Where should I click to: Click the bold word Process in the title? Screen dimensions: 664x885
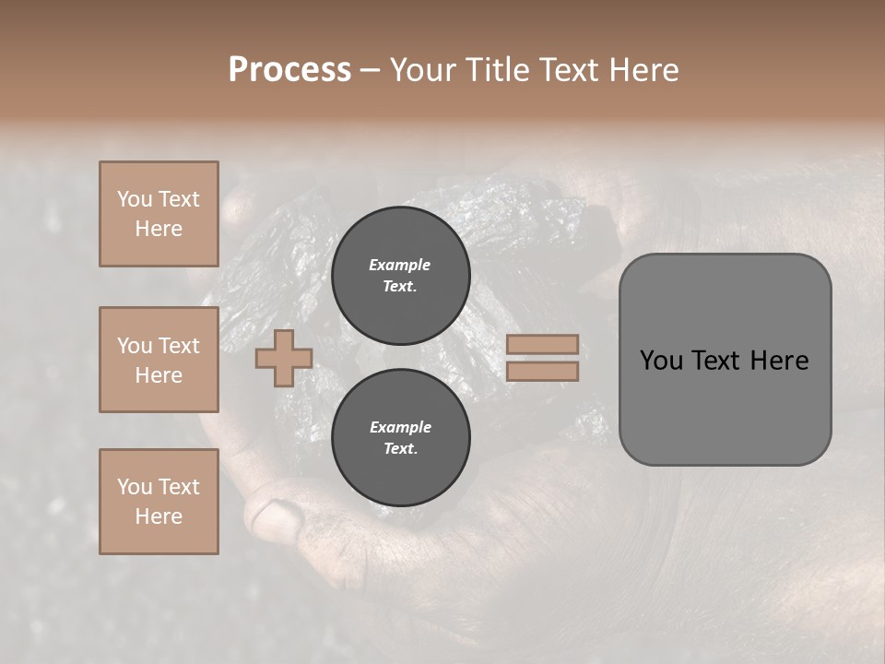(x=289, y=70)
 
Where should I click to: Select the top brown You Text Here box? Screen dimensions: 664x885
(x=159, y=214)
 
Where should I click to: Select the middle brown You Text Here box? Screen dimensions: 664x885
(x=159, y=360)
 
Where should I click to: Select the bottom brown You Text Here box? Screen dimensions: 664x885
(x=159, y=501)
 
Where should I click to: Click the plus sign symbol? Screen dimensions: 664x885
(x=283, y=359)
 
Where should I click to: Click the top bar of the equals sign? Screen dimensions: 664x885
(x=542, y=344)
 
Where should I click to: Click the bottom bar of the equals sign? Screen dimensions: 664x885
(x=542, y=371)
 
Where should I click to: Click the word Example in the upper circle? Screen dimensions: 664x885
(x=400, y=265)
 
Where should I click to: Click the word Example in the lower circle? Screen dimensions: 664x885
(x=400, y=427)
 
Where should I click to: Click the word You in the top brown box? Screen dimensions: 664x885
(x=134, y=199)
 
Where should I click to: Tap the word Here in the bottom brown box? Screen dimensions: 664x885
(x=159, y=516)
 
